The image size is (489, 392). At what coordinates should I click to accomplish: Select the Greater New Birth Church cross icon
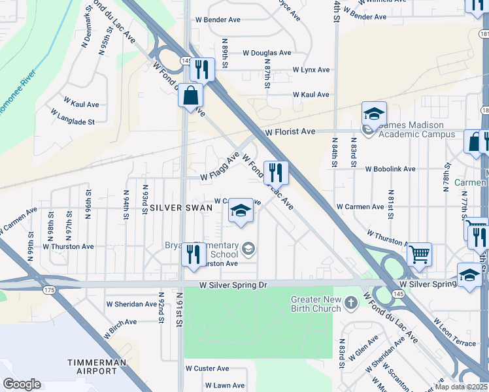click(x=352, y=302)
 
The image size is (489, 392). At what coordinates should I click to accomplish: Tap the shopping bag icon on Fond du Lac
click(x=190, y=95)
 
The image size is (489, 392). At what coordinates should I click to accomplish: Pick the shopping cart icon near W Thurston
click(x=419, y=253)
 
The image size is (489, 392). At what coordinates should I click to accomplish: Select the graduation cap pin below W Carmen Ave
click(x=241, y=210)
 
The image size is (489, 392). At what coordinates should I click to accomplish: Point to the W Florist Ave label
click(x=290, y=131)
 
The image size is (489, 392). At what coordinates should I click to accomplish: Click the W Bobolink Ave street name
click(x=390, y=169)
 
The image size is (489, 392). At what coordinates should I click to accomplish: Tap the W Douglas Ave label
click(x=267, y=53)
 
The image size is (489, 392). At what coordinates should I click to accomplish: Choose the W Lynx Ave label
click(x=311, y=69)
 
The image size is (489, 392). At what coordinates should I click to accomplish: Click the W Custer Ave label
click(x=207, y=368)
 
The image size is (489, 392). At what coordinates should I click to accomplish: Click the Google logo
click(x=22, y=384)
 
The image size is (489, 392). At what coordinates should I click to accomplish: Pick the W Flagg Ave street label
click(x=220, y=167)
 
